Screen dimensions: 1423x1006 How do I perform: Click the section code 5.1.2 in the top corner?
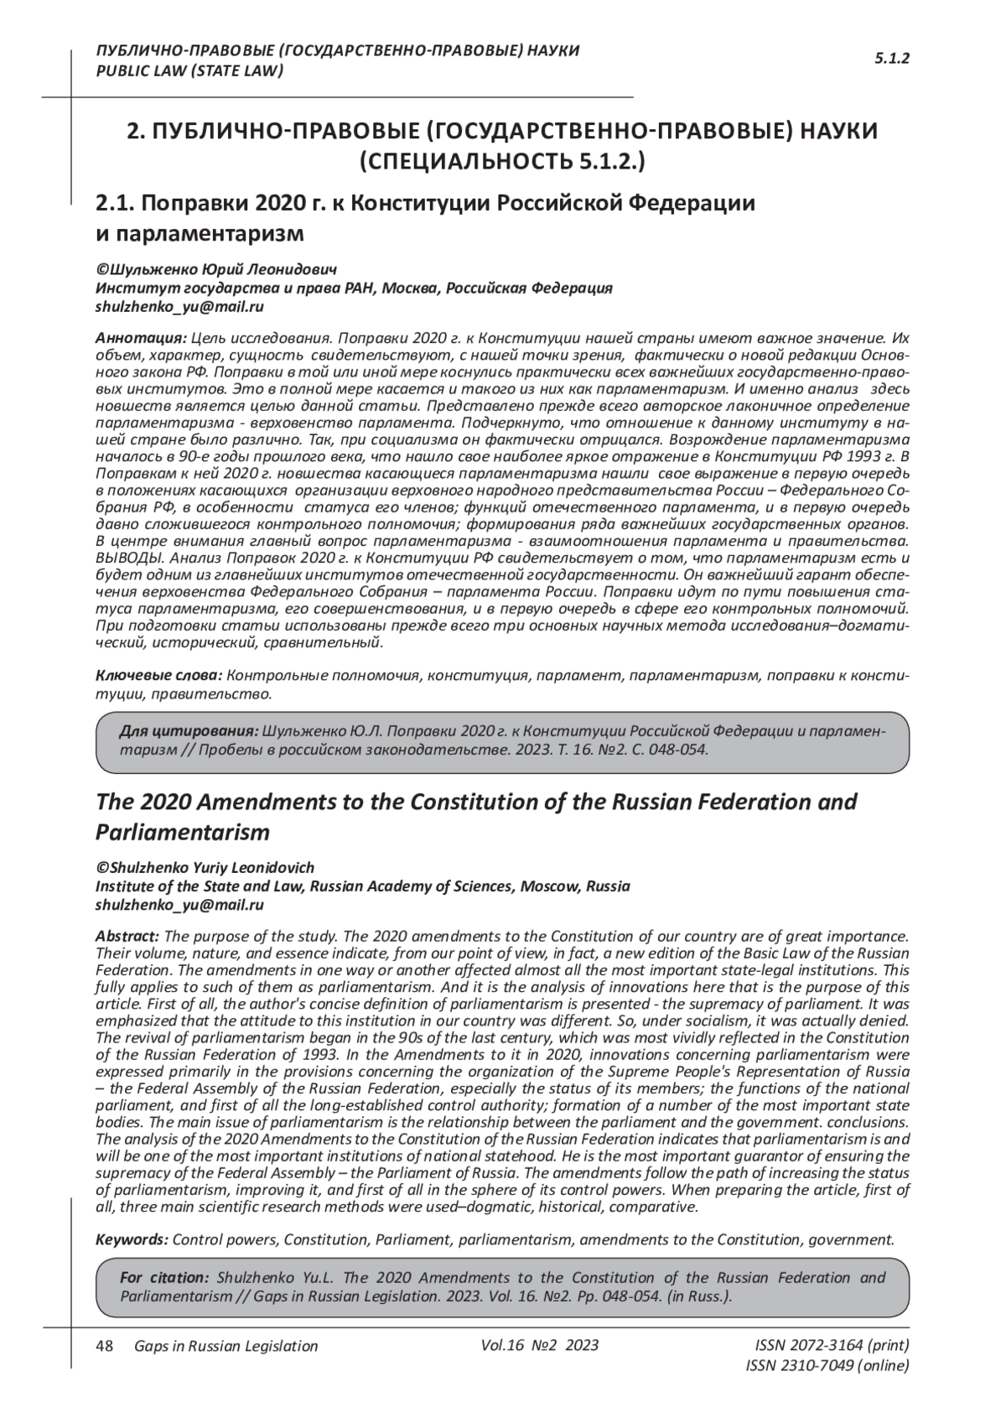click(892, 58)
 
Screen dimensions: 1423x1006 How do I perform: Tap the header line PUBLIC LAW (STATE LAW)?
click(190, 70)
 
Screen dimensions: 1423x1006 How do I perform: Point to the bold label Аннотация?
click(141, 339)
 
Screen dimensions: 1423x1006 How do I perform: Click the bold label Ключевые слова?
click(158, 675)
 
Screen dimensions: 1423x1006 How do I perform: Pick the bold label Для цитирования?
click(189, 730)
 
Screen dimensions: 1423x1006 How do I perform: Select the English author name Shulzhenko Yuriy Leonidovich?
click(205, 868)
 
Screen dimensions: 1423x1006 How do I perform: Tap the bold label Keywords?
click(132, 1239)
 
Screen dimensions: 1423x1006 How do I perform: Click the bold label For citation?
click(164, 1278)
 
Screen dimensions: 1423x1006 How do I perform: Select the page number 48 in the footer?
click(105, 1346)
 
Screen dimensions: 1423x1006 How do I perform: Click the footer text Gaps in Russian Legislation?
click(226, 1347)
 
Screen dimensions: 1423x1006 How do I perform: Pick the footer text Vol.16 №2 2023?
click(540, 1345)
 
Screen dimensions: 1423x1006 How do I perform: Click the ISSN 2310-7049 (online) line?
click(827, 1366)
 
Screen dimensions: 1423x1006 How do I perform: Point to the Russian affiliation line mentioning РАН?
click(354, 288)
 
